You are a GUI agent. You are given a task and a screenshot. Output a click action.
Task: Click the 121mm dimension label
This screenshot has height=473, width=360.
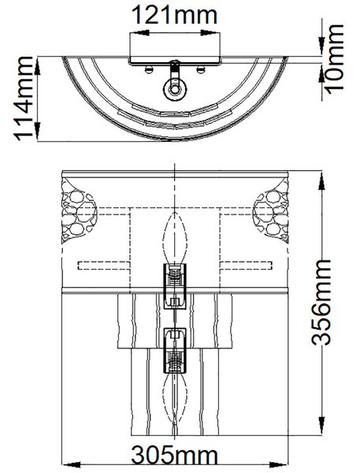click(x=175, y=15)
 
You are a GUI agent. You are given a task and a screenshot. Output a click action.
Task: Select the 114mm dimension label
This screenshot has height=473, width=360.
click(x=24, y=99)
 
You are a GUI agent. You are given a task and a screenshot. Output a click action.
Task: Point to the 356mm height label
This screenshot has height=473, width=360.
click(x=321, y=302)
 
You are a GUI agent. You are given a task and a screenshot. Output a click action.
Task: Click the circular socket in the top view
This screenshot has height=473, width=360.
click(x=175, y=89)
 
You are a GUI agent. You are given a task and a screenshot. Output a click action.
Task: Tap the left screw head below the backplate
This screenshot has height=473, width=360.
click(x=148, y=70)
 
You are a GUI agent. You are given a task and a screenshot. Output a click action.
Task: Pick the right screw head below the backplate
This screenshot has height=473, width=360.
click(x=201, y=70)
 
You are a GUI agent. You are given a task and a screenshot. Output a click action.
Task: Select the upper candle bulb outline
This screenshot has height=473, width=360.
click(x=175, y=238)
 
